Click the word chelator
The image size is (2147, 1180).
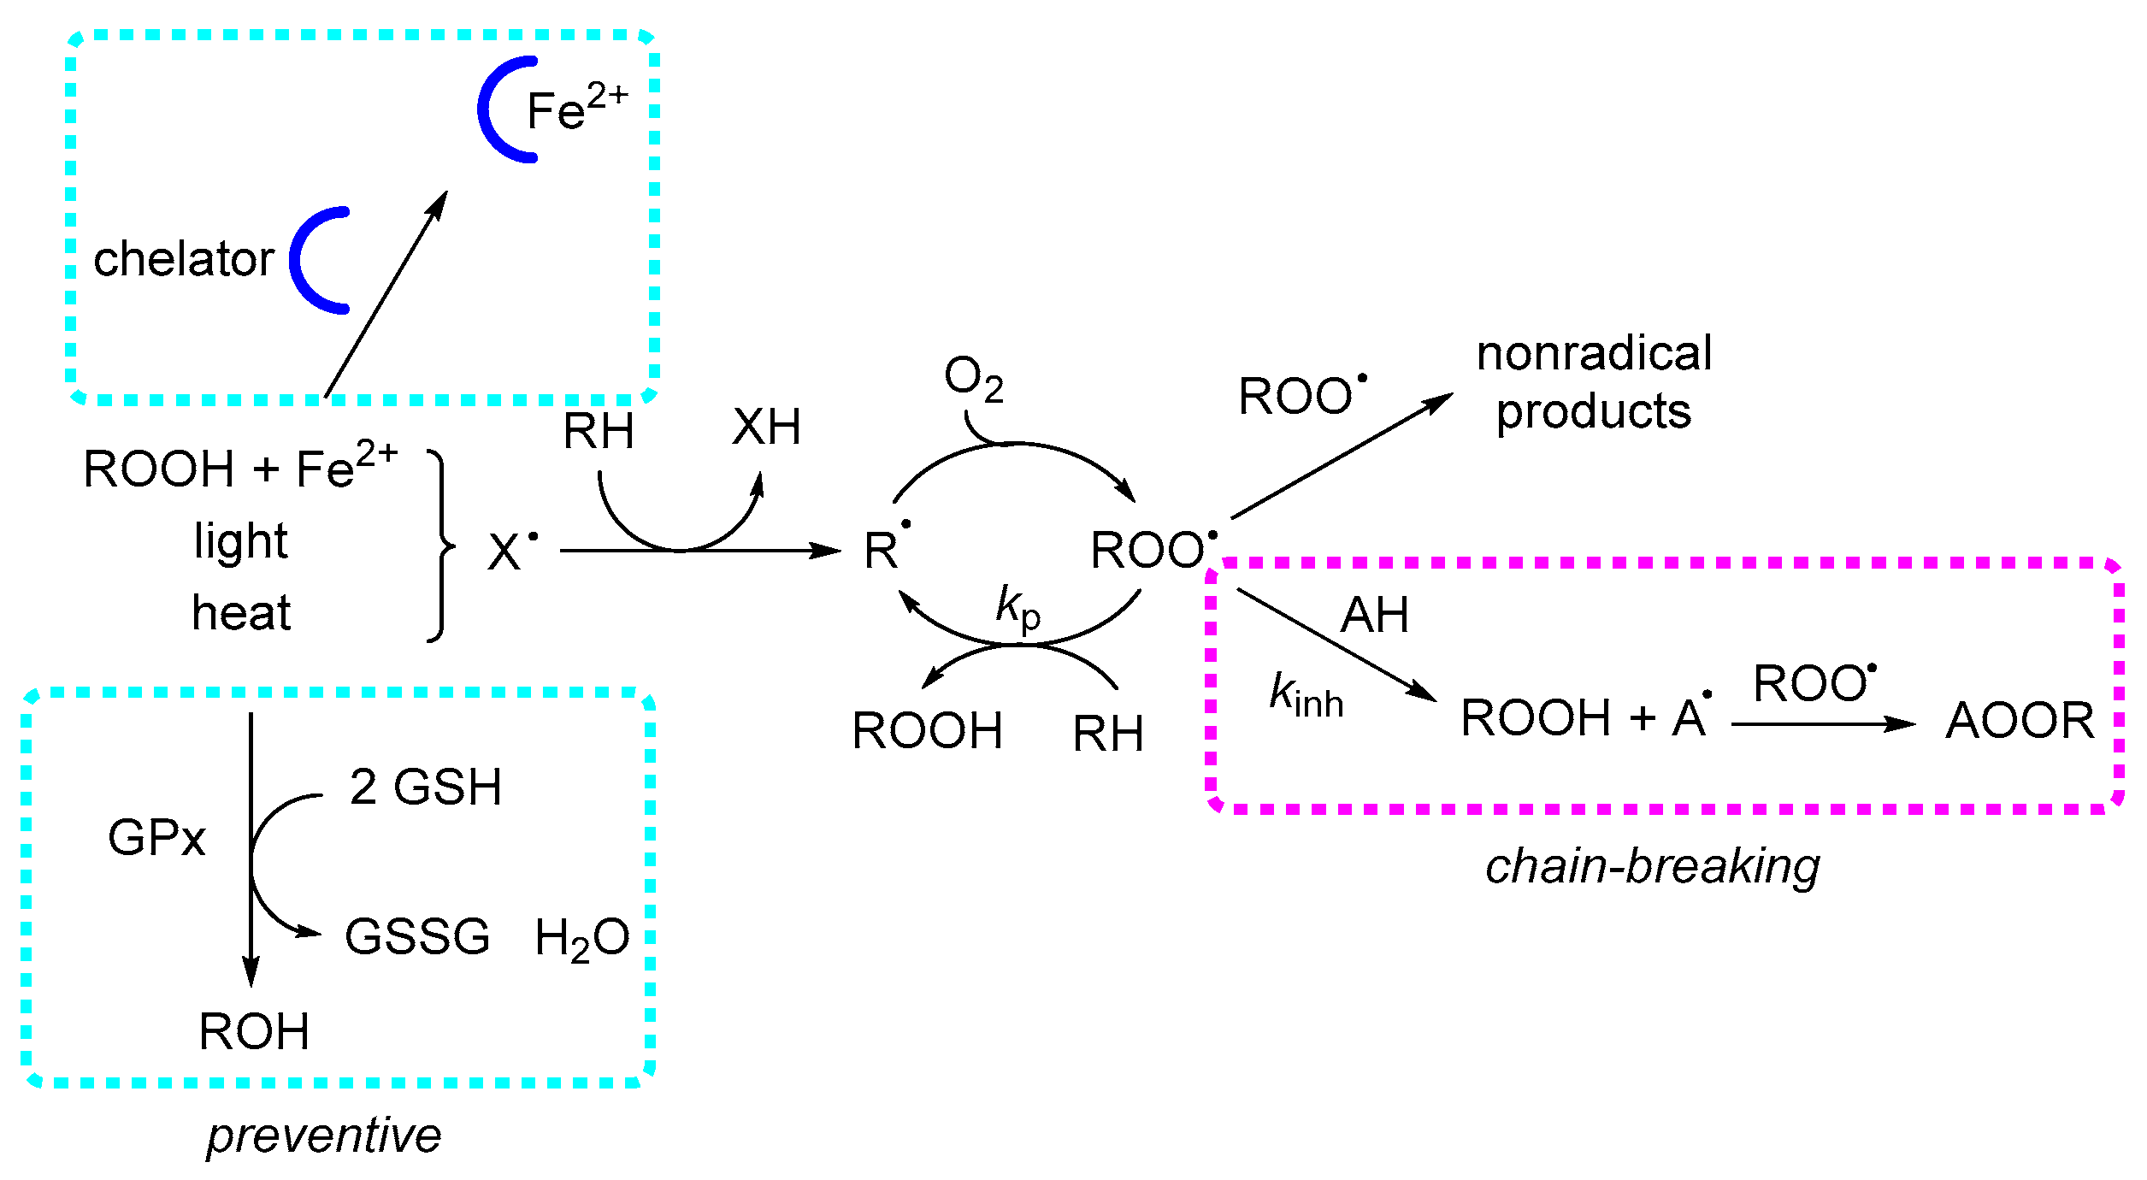pyautogui.click(x=183, y=259)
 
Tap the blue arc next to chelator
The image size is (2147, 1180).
pyautogui.click(x=301, y=261)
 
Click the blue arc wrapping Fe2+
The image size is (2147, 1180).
pyautogui.click(x=487, y=109)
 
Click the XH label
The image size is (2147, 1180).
pyautogui.click(x=766, y=427)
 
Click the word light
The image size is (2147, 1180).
pyautogui.click(x=240, y=541)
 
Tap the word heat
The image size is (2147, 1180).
pyautogui.click(x=240, y=613)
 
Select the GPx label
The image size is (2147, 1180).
pyautogui.click(x=156, y=837)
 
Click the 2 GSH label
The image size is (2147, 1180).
pyautogui.click(x=425, y=787)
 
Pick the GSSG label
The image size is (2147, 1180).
pyautogui.click(x=417, y=936)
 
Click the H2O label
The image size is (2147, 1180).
pyautogui.click(x=581, y=939)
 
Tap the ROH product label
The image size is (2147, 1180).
pyautogui.click(x=254, y=1031)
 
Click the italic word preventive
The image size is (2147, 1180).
pyautogui.click(x=323, y=1136)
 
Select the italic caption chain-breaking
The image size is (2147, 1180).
pyautogui.click(x=1652, y=866)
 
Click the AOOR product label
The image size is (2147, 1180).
pyautogui.click(x=2020, y=720)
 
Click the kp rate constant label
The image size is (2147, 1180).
pyautogui.click(x=1017, y=607)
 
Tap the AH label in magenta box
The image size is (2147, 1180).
pyautogui.click(x=1374, y=615)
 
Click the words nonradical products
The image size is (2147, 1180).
pyautogui.click(x=1594, y=382)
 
